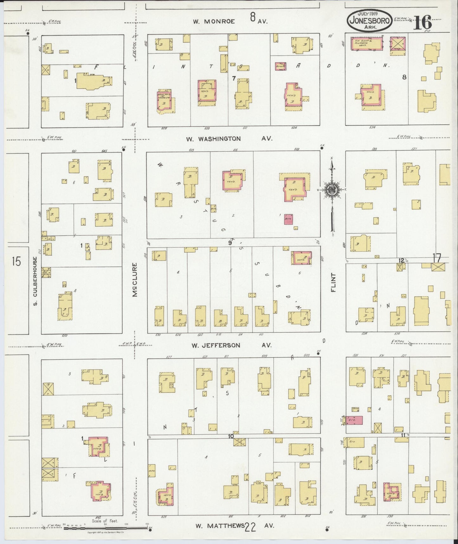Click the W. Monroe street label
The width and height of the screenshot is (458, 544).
point(214,21)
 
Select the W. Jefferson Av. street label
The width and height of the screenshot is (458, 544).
point(216,345)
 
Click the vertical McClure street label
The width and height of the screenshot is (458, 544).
point(135,280)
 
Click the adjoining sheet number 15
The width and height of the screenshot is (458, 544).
point(16,262)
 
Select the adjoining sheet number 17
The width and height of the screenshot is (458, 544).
point(437,259)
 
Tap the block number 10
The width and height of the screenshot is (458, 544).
point(231,436)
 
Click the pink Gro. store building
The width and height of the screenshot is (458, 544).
point(354,420)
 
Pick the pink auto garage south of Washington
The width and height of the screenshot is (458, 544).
point(288,220)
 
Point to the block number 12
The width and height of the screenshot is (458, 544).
point(401,260)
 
